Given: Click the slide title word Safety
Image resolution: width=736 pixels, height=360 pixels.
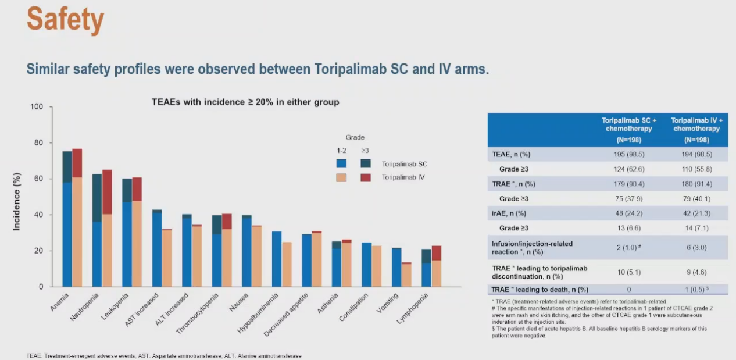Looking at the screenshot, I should [65, 21].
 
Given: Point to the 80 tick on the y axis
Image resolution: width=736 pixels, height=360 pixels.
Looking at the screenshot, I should [38, 143].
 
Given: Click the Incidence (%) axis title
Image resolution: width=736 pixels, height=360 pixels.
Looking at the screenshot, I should [17, 201].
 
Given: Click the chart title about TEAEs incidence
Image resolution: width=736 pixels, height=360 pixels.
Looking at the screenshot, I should [245, 102].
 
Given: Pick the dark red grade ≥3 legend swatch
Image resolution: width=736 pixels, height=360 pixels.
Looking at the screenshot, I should [366, 177].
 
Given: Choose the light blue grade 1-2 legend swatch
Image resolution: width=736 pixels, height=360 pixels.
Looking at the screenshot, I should [341, 164].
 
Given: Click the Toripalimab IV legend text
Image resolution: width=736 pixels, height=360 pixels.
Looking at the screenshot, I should [403, 177].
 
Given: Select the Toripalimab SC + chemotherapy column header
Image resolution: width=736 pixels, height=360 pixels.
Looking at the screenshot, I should [628, 129].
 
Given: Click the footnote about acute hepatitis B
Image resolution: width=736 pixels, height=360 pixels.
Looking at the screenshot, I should [599, 332].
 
